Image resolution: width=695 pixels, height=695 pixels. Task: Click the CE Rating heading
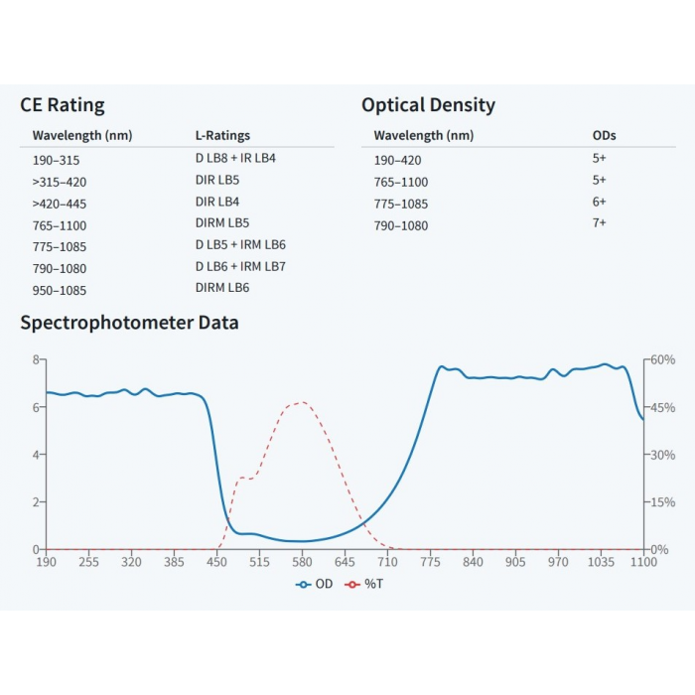62,105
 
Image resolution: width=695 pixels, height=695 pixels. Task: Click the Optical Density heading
428,105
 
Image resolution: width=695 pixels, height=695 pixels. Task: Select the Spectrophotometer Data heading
129,323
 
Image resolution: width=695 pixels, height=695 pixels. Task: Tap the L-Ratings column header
222,136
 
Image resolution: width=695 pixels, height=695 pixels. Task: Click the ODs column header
604,136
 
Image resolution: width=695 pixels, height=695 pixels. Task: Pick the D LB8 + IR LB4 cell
235,159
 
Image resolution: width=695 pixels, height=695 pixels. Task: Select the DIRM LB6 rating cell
222,288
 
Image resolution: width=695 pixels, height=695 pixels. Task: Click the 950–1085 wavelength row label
59,290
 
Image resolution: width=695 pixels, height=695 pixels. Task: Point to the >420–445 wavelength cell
60,204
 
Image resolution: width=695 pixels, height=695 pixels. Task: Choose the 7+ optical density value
599,223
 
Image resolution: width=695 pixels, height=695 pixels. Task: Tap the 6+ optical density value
599,202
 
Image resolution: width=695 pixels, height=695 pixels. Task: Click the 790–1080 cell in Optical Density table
401,225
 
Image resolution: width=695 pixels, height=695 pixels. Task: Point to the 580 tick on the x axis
302,562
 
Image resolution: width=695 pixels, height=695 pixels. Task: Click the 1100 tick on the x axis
642,562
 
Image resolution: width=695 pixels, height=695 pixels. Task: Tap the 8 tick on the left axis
36,359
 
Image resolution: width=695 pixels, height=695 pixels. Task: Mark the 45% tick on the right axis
662,407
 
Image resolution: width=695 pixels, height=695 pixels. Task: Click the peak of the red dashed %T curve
301,402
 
